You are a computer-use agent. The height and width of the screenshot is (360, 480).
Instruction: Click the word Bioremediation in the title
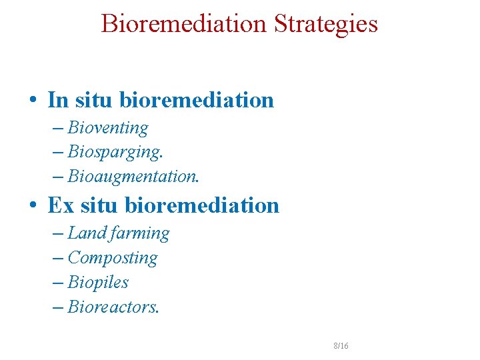[x=183, y=23]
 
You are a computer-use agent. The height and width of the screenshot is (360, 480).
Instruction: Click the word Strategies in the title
[x=325, y=23]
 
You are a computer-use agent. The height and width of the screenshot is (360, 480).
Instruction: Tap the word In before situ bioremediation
[x=58, y=100]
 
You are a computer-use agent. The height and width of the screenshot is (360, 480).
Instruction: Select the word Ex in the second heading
[x=61, y=205]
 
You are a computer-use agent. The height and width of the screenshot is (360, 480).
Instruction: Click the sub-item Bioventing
[x=108, y=127]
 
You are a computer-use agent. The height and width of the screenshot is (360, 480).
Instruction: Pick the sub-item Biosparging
[x=115, y=152]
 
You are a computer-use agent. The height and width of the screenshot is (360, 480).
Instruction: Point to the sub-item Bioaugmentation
[x=133, y=177]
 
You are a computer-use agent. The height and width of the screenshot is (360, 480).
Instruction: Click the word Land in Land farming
[x=87, y=233]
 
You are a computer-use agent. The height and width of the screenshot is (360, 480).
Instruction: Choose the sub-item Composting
[x=113, y=258]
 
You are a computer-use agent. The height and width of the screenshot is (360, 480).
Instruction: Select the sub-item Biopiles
[x=98, y=282]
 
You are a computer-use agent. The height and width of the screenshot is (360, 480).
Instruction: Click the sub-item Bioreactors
[x=113, y=307]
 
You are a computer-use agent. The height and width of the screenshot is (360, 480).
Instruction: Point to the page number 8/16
[x=341, y=345]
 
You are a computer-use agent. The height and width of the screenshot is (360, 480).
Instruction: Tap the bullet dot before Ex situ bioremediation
[x=33, y=206]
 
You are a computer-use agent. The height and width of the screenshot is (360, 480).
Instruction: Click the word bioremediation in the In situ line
[x=197, y=100]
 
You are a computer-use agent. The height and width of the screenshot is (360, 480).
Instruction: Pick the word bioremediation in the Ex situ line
[x=202, y=205]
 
